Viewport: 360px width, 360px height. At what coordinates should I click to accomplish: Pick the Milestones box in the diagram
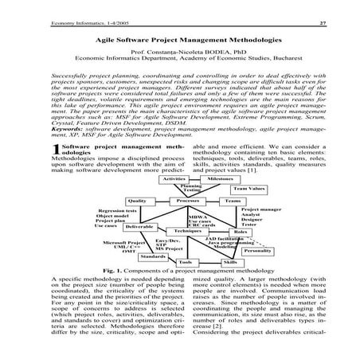(x=223, y=179)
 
